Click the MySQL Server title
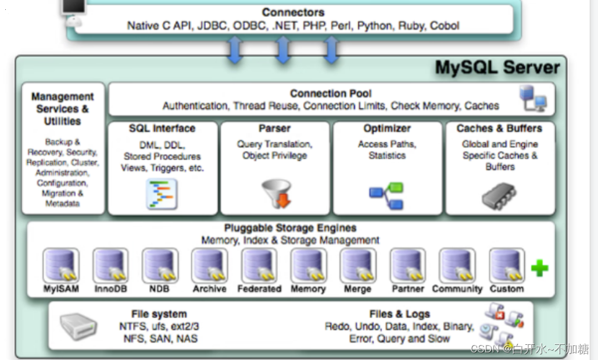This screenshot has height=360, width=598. click(497, 67)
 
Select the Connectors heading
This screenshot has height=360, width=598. click(293, 12)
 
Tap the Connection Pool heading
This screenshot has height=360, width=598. click(331, 93)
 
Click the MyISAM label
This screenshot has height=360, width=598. click(61, 289)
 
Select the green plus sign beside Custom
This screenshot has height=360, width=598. click(540, 268)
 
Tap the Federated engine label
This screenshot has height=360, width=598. click(259, 289)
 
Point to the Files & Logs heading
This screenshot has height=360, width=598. click(399, 314)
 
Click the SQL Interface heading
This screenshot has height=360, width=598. click(162, 129)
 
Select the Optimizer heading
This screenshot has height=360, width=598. click(387, 129)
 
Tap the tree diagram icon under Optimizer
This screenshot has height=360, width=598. click(386, 196)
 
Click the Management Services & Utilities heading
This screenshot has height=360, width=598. click(63, 109)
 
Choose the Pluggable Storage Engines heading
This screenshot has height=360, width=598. click(290, 228)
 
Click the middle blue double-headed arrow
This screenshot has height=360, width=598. click(282, 49)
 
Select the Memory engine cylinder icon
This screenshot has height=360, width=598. click(309, 266)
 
